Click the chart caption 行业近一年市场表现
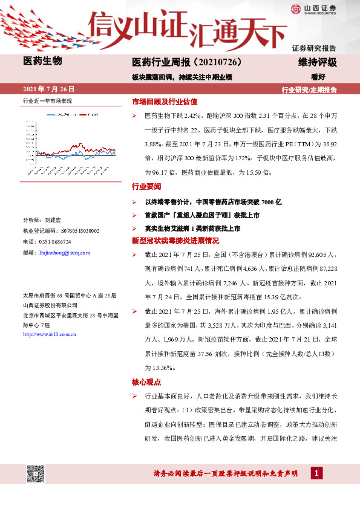[x=47, y=100]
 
